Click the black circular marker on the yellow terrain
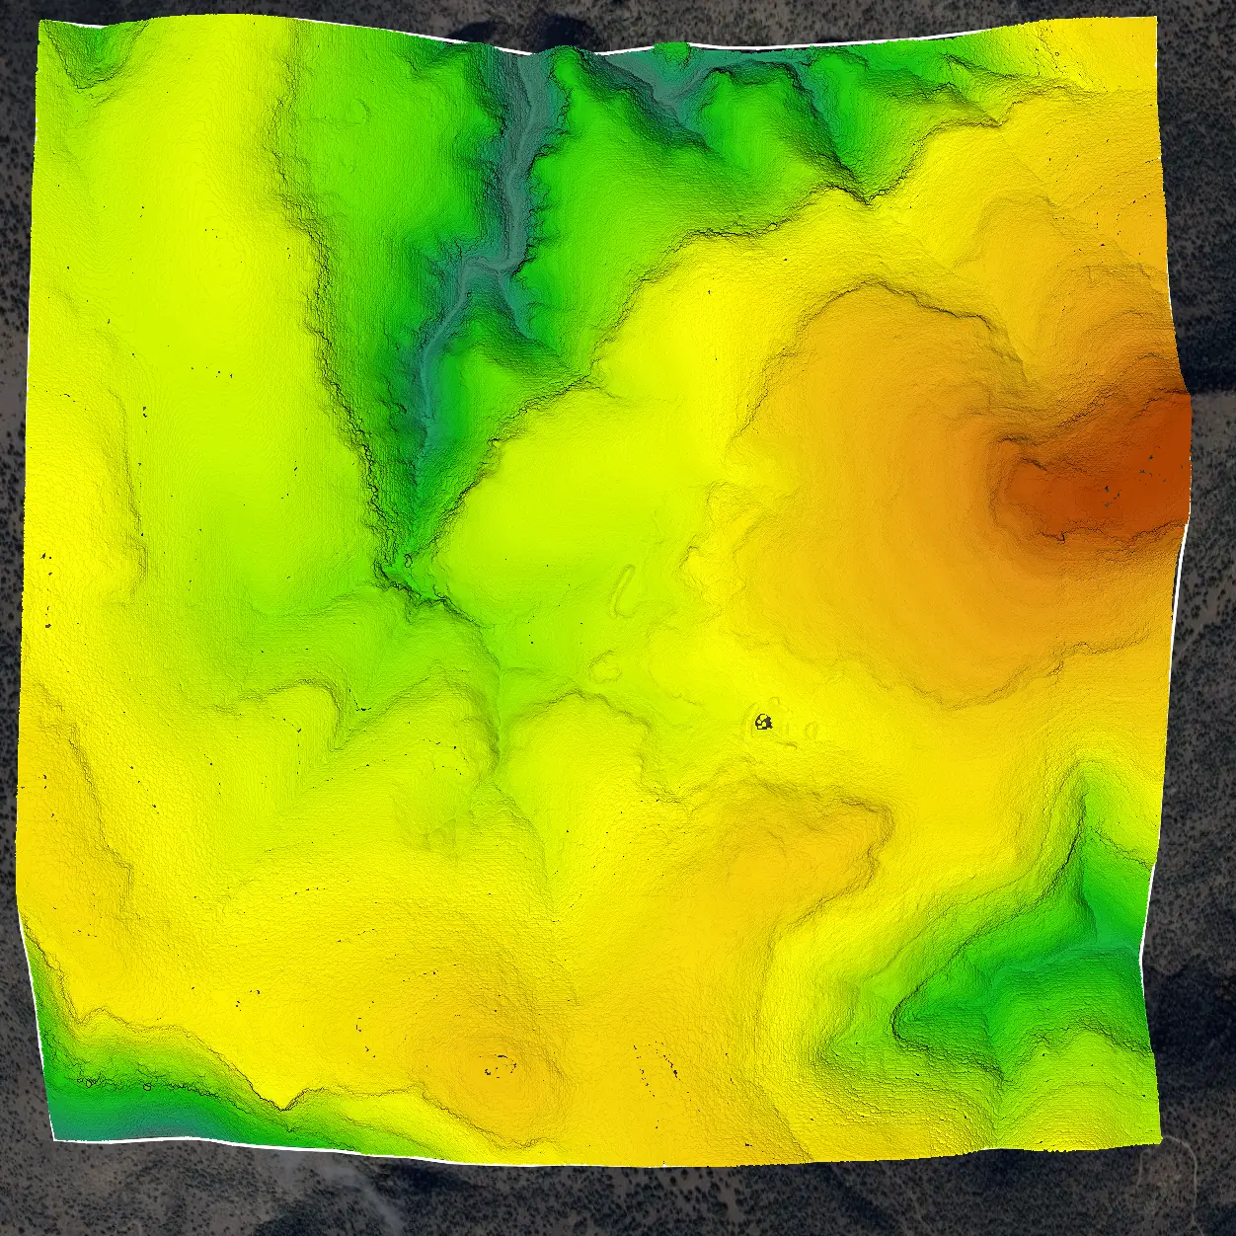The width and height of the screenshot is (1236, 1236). coord(762,723)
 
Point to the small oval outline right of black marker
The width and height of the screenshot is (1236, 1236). coord(811,732)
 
